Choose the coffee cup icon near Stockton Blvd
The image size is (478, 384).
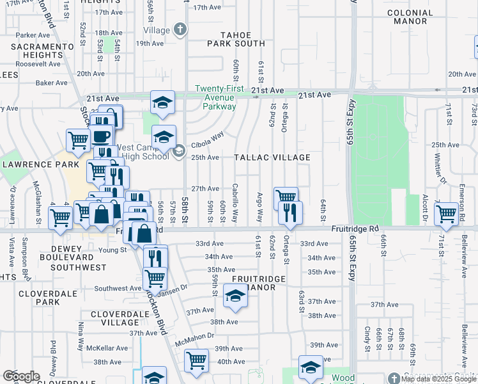101,136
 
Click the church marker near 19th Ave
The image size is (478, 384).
180,29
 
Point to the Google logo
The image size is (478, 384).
21,376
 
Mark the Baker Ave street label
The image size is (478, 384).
52,83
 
